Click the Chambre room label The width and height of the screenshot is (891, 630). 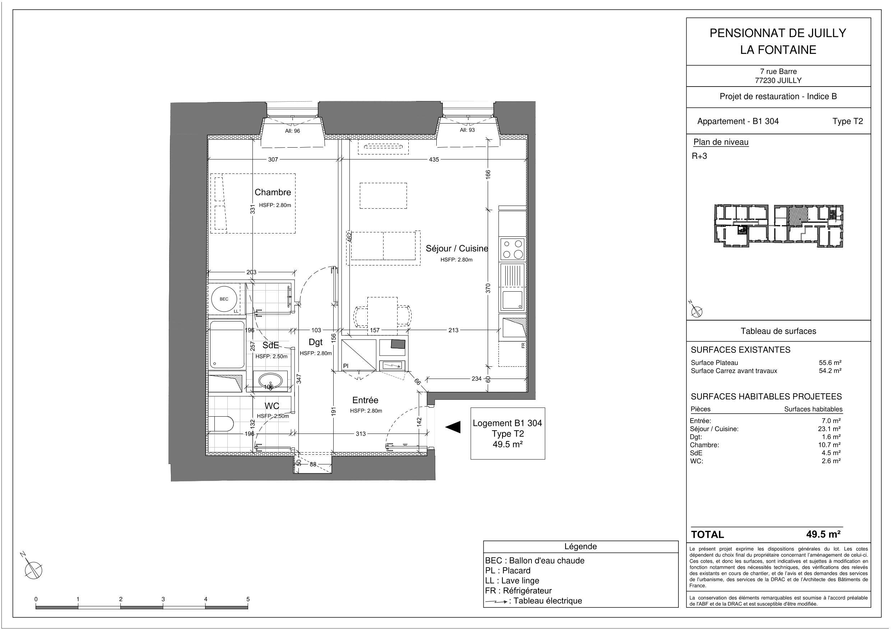pyautogui.click(x=273, y=192)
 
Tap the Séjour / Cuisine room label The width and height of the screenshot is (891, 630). pyautogui.click(x=457, y=249)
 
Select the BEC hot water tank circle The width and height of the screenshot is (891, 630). pyautogui.click(x=224, y=299)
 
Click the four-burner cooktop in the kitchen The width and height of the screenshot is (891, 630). pyautogui.click(x=512, y=249)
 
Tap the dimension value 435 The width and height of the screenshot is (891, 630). pyautogui.click(x=434, y=159)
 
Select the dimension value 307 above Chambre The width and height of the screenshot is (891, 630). pyautogui.click(x=273, y=159)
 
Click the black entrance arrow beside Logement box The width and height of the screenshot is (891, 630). pyautogui.click(x=453, y=427)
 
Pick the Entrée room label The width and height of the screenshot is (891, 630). pyautogui.click(x=365, y=400)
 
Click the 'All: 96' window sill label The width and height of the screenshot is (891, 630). pyautogui.click(x=292, y=131)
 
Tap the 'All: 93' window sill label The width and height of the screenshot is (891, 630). pyautogui.click(x=467, y=130)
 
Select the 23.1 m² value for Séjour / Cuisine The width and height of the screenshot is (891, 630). pyautogui.click(x=831, y=429)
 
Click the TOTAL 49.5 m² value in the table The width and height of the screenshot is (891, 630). pyautogui.click(x=823, y=534)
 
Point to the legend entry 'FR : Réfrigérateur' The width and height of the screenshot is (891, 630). pyautogui.click(x=518, y=590)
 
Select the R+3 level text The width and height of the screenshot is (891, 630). pyautogui.click(x=699, y=156)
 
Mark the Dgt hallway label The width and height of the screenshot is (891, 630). pyautogui.click(x=316, y=342)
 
